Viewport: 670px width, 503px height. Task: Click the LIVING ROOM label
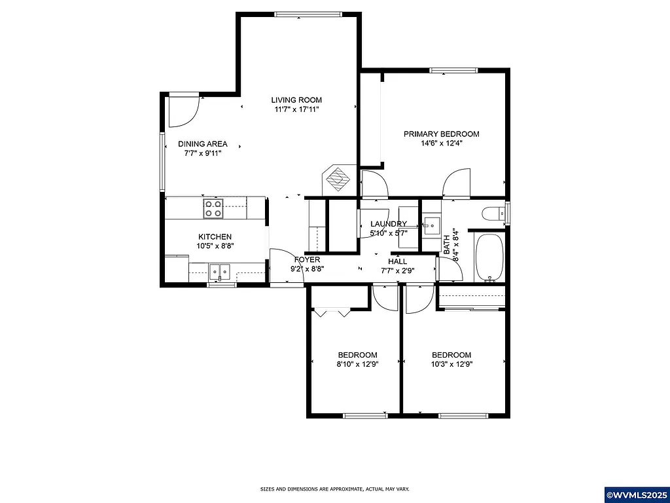point(296,100)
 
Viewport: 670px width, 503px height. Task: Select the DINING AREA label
point(203,144)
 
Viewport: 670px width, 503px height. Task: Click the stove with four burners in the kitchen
point(213,208)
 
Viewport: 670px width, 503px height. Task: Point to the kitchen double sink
point(220,270)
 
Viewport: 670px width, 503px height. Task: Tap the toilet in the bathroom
point(491,214)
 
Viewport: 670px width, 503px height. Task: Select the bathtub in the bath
point(489,257)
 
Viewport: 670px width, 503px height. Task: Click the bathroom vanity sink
point(431,228)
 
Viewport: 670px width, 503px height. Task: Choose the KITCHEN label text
point(215,237)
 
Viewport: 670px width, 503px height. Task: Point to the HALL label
point(397,261)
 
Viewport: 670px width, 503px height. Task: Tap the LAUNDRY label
point(389,224)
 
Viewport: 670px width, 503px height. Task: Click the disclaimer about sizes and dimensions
point(334,489)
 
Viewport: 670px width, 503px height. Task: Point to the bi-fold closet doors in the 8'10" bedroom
point(333,312)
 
